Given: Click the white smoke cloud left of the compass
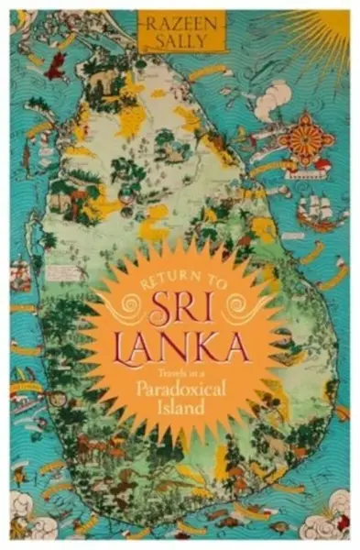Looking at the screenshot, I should [x=271, y=100].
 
